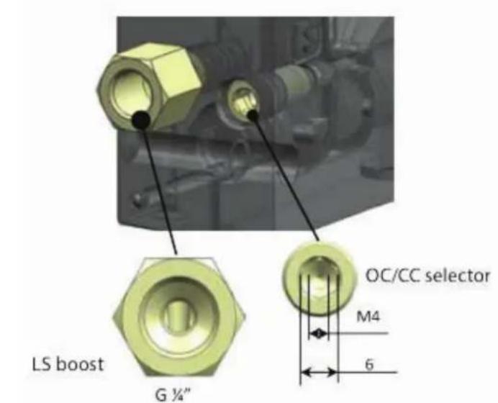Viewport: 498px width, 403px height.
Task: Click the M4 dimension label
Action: coord(368,317)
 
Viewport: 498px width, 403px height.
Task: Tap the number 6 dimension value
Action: coord(368,365)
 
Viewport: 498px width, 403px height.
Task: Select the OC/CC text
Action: coord(394,276)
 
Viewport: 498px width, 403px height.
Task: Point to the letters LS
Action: coord(42,364)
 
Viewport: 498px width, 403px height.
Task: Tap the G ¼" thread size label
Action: coord(173,395)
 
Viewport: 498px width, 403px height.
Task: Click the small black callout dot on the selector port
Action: coord(253,115)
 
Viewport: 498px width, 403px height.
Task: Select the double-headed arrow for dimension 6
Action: coord(320,372)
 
